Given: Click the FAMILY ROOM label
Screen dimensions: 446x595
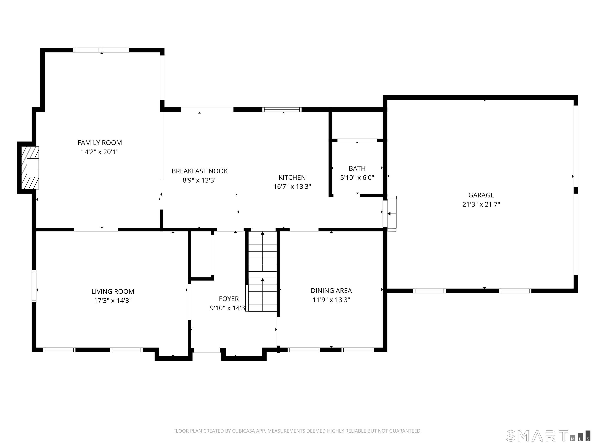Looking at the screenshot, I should (x=100, y=143).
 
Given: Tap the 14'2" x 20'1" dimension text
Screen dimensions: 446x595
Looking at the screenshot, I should (x=100, y=152).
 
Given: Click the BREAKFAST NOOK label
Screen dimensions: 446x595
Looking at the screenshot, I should (x=199, y=171).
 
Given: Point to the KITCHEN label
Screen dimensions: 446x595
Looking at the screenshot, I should (x=292, y=178).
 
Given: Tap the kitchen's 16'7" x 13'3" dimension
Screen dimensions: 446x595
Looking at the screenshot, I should (x=292, y=187).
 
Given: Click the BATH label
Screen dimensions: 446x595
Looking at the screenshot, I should (x=357, y=169).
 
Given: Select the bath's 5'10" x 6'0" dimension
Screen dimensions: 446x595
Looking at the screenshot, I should (x=357, y=178).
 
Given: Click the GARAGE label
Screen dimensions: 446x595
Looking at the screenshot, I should (x=481, y=195).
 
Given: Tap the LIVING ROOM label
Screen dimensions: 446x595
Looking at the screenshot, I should (x=113, y=291).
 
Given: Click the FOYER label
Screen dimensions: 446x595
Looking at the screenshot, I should (x=229, y=299).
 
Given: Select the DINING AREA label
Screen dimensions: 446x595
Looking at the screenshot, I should (x=331, y=291).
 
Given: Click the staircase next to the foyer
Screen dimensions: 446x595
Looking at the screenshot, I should (x=262, y=272).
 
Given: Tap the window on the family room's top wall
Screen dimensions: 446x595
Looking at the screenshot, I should (x=101, y=50).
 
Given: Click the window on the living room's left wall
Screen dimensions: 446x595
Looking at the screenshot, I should (x=34, y=286).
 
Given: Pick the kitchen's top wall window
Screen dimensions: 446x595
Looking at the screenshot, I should (x=282, y=109).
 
